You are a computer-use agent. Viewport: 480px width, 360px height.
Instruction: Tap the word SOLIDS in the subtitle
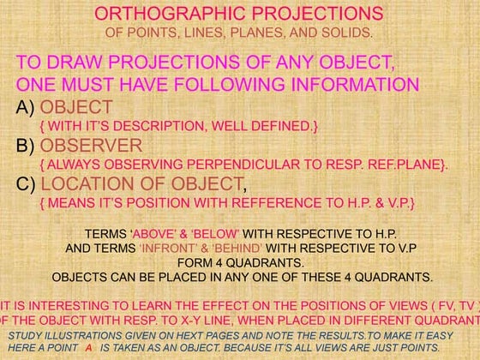351,33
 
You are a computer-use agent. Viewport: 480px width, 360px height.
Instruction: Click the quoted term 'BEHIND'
256,249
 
